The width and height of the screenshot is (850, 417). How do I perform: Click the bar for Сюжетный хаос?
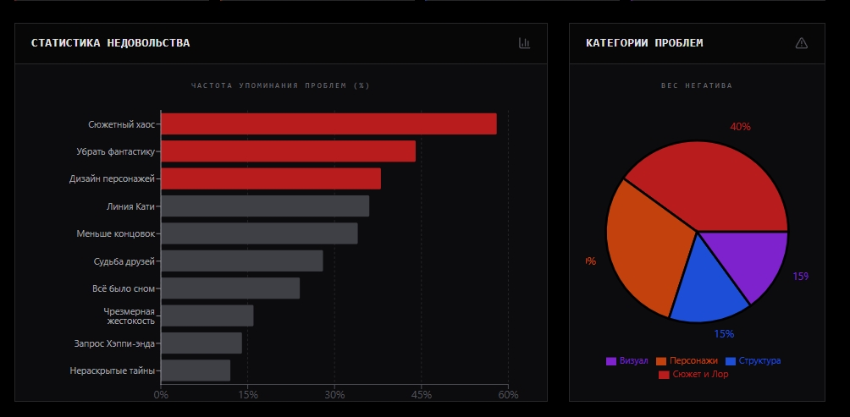[x=328, y=123]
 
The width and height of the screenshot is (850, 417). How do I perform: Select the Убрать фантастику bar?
[x=288, y=151]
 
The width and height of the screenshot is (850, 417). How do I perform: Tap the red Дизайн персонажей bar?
[x=271, y=178]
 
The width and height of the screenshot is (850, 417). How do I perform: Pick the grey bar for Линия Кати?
[x=265, y=206]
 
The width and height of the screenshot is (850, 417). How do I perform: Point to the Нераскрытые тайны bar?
[x=196, y=370]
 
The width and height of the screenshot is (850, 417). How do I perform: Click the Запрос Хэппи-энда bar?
[x=201, y=343]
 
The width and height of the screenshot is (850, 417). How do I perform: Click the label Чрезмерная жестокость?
[x=130, y=316]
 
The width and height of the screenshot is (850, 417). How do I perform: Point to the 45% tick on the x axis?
[x=422, y=395]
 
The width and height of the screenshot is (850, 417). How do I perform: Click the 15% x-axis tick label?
[x=247, y=395]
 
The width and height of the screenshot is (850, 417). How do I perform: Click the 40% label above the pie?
[x=740, y=127]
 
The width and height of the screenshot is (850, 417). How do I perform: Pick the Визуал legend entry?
[x=626, y=360]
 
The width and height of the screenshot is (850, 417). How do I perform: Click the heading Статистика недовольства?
[x=110, y=43]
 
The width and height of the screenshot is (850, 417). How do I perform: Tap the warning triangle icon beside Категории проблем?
[x=802, y=43]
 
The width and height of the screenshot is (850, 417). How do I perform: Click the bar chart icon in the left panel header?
[x=524, y=43]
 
